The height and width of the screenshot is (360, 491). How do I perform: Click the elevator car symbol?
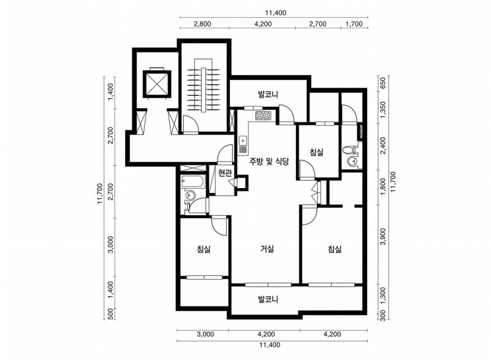click(x=157, y=84)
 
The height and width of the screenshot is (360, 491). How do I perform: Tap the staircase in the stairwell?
click(x=204, y=89)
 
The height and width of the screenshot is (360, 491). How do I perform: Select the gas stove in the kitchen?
click(x=263, y=116)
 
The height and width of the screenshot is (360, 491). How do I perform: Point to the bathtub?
click(x=193, y=182)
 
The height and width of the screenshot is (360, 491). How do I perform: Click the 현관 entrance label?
click(x=225, y=173)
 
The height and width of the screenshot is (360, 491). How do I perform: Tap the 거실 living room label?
click(x=267, y=249)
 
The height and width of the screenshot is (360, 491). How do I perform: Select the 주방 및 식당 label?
click(x=269, y=162)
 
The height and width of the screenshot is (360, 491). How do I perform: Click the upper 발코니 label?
click(x=268, y=94)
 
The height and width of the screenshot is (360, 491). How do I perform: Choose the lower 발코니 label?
click(x=268, y=299)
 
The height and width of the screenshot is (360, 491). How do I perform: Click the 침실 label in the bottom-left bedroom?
click(x=204, y=249)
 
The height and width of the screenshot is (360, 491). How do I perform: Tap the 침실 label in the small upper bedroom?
click(x=316, y=152)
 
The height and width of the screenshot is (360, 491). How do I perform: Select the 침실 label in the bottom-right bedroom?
click(x=334, y=249)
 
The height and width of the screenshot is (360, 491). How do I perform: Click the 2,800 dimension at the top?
click(x=203, y=24)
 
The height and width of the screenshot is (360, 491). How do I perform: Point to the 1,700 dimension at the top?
click(x=354, y=24)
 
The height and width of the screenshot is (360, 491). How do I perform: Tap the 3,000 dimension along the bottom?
click(x=206, y=334)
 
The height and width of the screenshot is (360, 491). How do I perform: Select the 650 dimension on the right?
click(x=382, y=83)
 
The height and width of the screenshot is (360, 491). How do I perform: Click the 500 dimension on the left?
click(x=110, y=314)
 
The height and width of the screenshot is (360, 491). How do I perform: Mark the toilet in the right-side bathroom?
click(x=348, y=150)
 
